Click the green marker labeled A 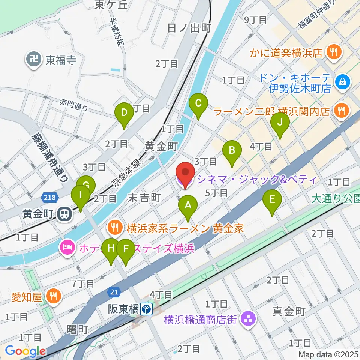click(x=188, y=206)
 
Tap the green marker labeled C click(x=199, y=103)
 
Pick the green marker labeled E click(x=272, y=200)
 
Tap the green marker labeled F click(x=126, y=249)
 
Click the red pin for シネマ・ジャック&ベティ click(x=186, y=173)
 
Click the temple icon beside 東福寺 click(x=33, y=60)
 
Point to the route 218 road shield click(x=48, y=197)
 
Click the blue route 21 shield click(x=114, y=291)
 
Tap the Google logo click(x=25, y=351)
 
